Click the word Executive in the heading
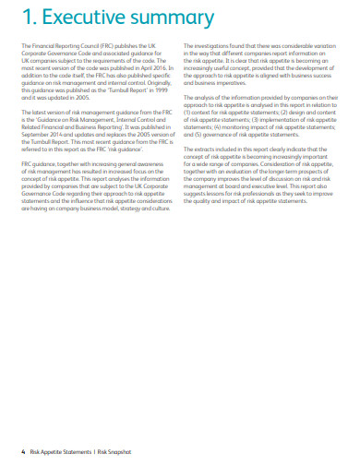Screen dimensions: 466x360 pyautogui.click(x=89, y=19)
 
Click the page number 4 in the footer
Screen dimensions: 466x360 pyautogui.click(x=23, y=451)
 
